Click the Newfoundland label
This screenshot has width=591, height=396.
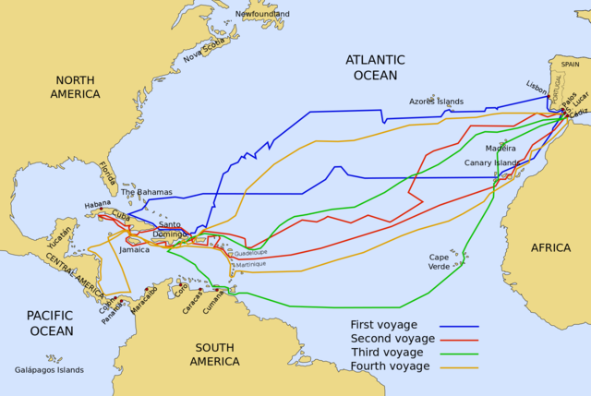[261, 14]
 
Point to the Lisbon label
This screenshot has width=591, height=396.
[537, 85]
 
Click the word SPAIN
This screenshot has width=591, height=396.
[571, 65]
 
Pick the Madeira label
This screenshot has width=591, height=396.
[501, 148]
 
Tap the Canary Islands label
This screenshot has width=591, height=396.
[491, 162]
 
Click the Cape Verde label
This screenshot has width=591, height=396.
[440, 261]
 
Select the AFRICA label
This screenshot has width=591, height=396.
[550, 247]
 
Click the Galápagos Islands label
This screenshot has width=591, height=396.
[49, 369]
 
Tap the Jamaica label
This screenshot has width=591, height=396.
[134, 249]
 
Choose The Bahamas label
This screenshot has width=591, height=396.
[147, 192]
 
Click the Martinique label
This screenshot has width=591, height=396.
[250, 264]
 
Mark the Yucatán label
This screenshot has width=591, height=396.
[59, 239]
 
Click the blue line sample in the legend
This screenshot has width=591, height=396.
[459, 326]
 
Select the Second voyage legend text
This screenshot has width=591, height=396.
[392, 339]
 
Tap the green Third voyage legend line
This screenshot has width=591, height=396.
[459, 354]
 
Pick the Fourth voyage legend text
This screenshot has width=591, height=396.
[390, 366]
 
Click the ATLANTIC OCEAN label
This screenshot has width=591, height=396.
[375, 67]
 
